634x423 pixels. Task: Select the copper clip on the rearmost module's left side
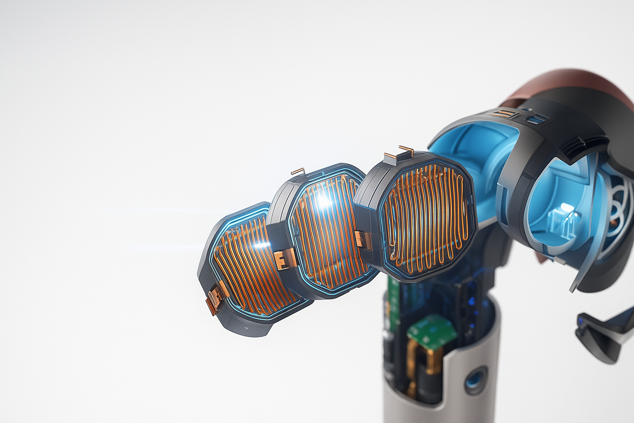361,241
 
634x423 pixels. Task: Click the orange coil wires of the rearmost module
425,219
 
